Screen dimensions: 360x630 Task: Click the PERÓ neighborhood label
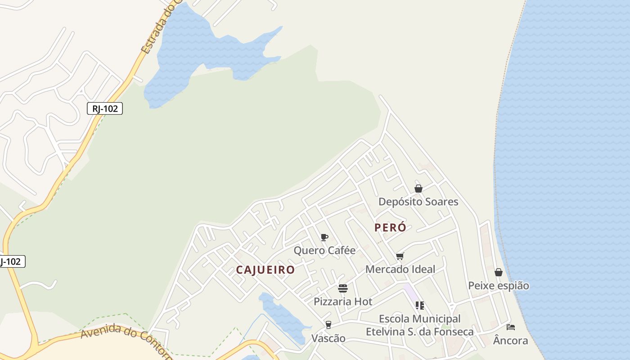(390, 228)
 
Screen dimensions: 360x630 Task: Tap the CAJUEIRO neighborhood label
(265, 270)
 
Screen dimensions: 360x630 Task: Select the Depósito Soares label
(418, 202)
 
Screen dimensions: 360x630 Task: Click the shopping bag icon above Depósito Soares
(418, 189)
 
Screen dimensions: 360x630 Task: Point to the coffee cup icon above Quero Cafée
(324, 238)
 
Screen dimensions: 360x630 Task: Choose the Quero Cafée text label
(324, 250)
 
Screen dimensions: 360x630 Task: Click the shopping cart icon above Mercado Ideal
(400, 256)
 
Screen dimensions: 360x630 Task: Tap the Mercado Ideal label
(400, 269)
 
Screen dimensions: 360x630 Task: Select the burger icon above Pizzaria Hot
(343, 288)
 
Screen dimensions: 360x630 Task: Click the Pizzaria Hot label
(343, 301)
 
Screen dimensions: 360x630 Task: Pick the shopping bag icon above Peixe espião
(499, 272)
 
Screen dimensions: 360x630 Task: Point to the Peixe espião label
(499, 286)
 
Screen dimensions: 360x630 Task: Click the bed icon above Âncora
(510, 327)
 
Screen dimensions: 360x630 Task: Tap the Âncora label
(510, 341)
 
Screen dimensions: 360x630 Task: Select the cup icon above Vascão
(328, 325)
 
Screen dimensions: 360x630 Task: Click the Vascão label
(328, 338)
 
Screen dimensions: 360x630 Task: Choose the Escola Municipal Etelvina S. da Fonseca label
(419, 325)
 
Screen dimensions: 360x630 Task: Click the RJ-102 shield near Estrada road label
(105, 108)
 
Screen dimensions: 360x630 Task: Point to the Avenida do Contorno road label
(126, 340)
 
